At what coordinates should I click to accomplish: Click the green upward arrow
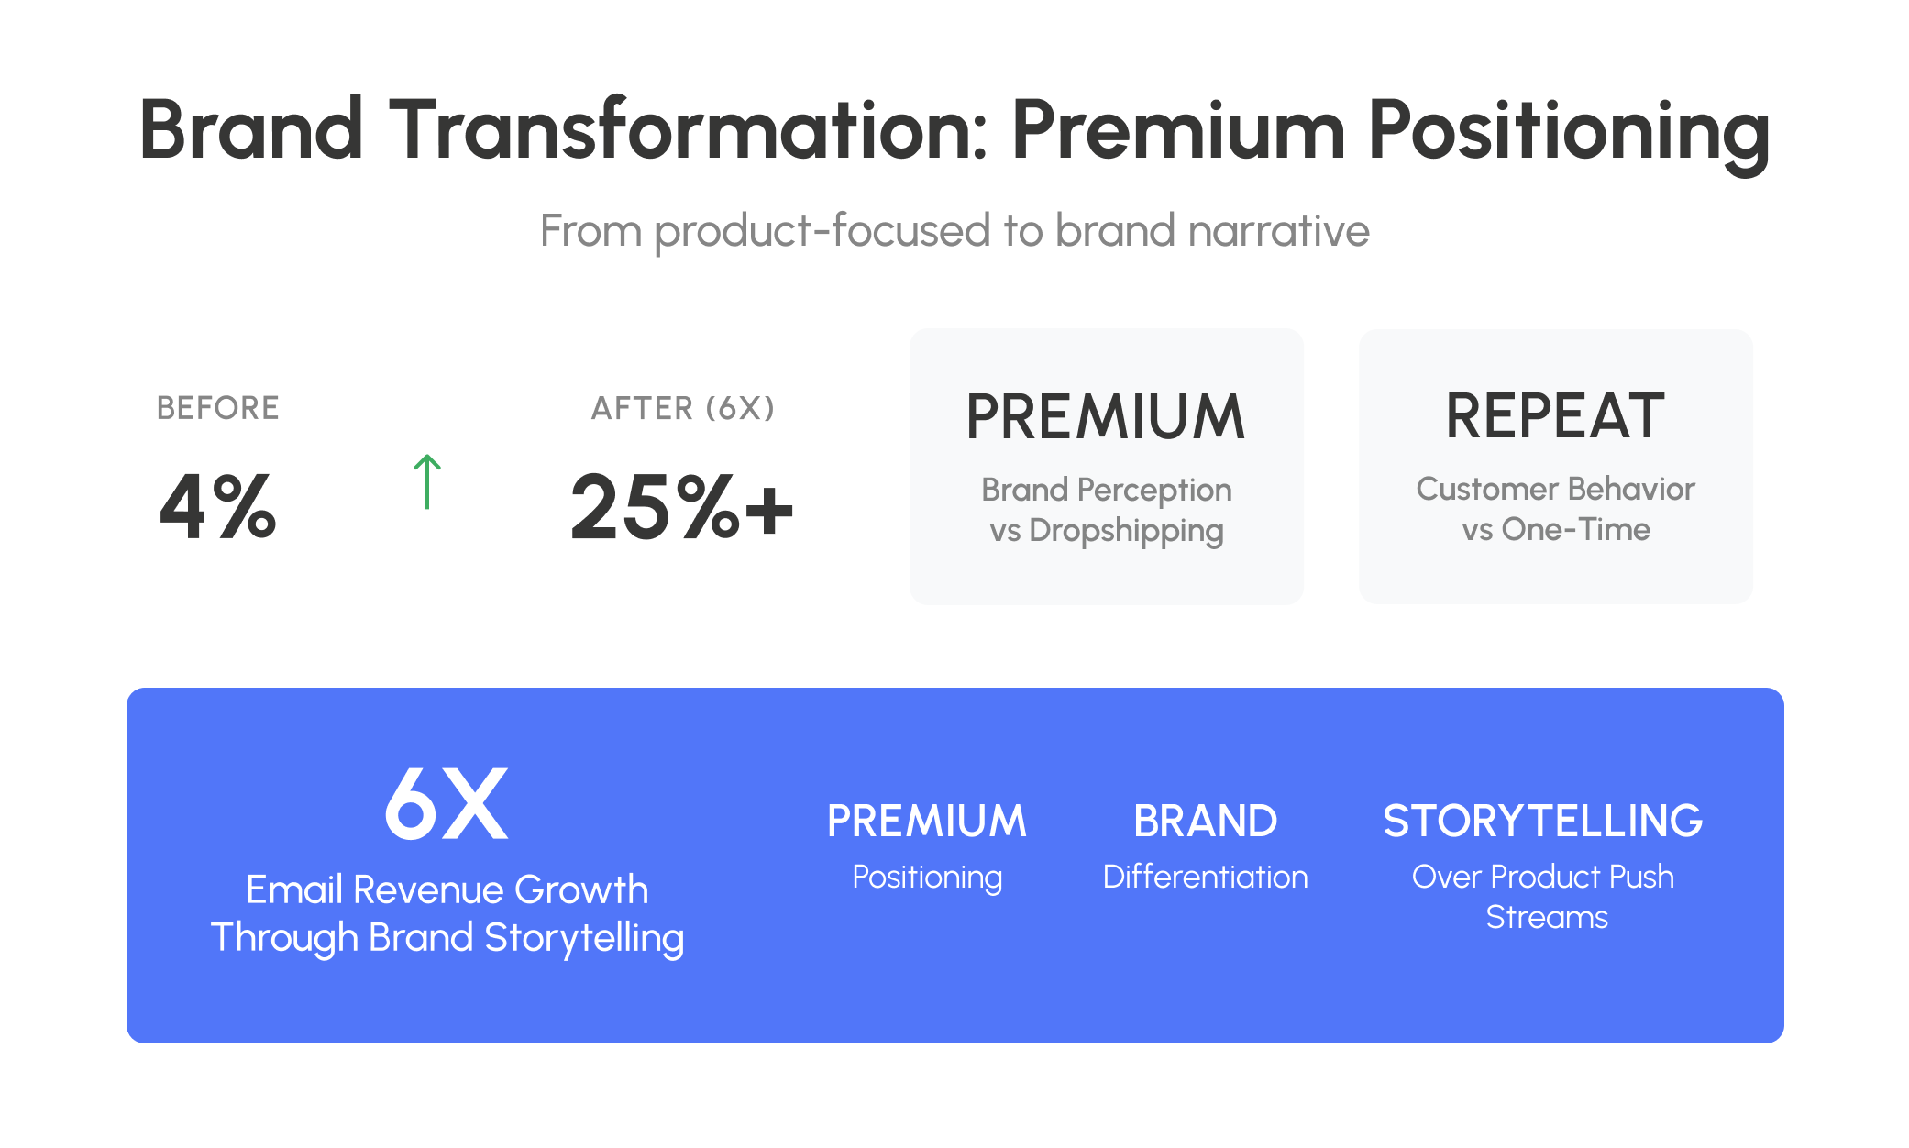(427, 481)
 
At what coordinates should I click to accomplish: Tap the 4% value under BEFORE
(217, 506)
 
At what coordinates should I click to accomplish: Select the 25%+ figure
(681, 506)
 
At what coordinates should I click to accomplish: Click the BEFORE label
(217, 408)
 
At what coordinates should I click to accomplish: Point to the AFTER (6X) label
(683, 408)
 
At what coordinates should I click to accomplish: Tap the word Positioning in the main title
(1569, 133)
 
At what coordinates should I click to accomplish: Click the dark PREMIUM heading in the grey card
(1106, 417)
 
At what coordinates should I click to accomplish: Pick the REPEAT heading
(1555, 416)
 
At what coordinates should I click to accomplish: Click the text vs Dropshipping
(1107, 531)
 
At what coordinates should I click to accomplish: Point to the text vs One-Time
(1556, 529)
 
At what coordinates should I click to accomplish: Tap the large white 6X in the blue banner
(446, 804)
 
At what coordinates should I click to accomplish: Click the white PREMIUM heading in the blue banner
(927, 821)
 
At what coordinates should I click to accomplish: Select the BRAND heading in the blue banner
(1205, 821)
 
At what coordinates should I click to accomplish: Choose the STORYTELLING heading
(1543, 821)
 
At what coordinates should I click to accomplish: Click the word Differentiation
(1205, 877)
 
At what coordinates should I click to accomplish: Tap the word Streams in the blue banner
(1547, 917)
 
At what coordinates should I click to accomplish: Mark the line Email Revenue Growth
(447, 889)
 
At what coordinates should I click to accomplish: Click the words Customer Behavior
(1556, 489)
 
